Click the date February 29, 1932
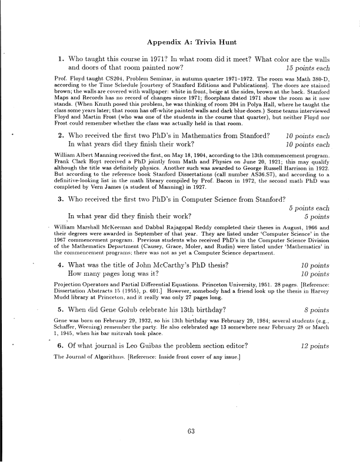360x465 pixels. tap(117, 320)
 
